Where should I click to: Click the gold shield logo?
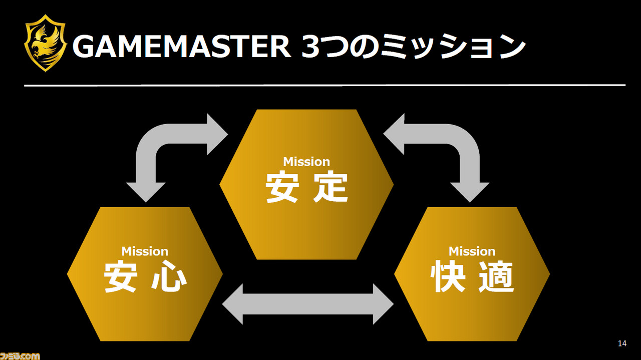(x=46, y=43)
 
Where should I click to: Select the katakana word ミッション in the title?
(x=452, y=47)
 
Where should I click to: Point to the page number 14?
(x=622, y=343)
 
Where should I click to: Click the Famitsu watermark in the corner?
(x=20, y=355)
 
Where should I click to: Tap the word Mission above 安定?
(x=306, y=162)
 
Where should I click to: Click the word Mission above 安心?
(x=145, y=251)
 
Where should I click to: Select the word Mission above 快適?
(x=472, y=251)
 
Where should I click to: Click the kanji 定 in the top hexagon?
(x=331, y=187)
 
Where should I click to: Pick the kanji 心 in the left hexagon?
(x=169, y=277)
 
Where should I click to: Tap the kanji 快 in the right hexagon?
(x=448, y=277)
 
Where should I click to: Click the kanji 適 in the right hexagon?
(x=496, y=277)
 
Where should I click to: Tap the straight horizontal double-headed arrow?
(x=308, y=304)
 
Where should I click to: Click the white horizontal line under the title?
(x=325, y=85)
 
